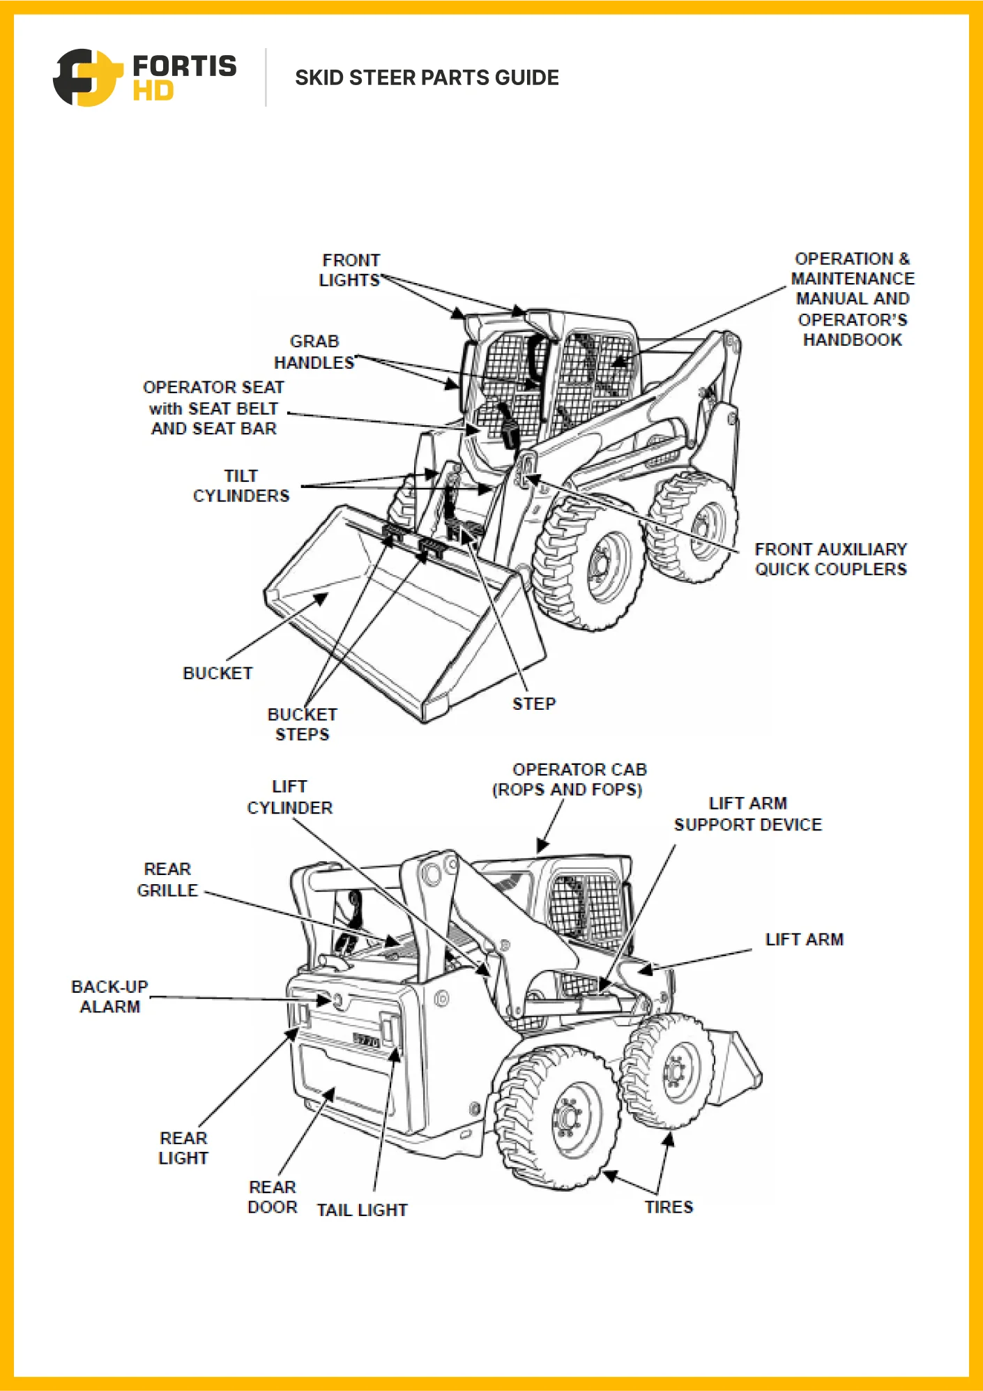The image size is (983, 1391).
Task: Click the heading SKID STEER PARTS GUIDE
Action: [x=427, y=77]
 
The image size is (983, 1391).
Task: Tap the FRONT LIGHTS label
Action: [x=350, y=271]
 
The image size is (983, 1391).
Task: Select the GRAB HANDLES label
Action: [x=314, y=352]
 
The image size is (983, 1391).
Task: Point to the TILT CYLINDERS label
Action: [x=241, y=486]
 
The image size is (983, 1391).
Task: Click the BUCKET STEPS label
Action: [x=302, y=724]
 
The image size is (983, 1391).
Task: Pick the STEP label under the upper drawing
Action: [x=534, y=704]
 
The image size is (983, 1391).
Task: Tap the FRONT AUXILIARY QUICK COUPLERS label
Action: [x=830, y=559]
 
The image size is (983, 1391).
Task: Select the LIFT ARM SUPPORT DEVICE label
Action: [x=747, y=814]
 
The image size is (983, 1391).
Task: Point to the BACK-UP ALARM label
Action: [x=110, y=997]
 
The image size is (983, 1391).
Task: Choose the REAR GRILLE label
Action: [x=167, y=880]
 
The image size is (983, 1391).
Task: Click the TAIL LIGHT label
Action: [x=362, y=1210]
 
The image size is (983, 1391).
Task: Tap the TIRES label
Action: [x=669, y=1208]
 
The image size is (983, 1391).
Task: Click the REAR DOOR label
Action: [x=273, y=1197]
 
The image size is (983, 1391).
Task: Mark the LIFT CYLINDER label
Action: [x=290, y=797]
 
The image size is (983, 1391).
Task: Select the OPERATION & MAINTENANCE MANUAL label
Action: [x=852, y=299]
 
